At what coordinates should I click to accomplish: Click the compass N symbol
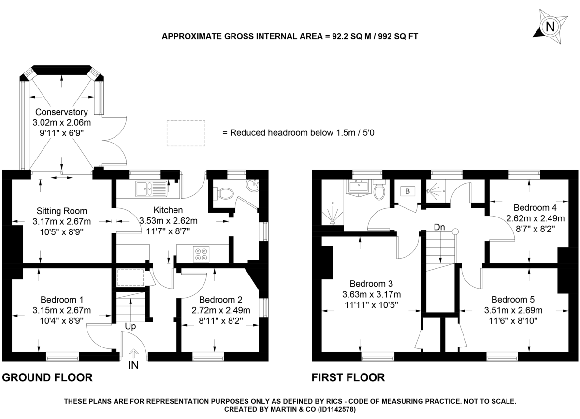coord(550,26)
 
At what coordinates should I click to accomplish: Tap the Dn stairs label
coord(439,227)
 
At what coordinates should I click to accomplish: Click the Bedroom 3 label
coord(371,284)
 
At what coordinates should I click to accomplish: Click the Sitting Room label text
coord(62,211)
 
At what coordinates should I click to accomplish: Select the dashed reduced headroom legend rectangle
coord(186,133)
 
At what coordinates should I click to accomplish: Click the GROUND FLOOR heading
coord(47,377)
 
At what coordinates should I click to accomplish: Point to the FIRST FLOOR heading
coord(348,377)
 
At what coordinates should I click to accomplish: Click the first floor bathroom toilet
coord(379,192)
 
